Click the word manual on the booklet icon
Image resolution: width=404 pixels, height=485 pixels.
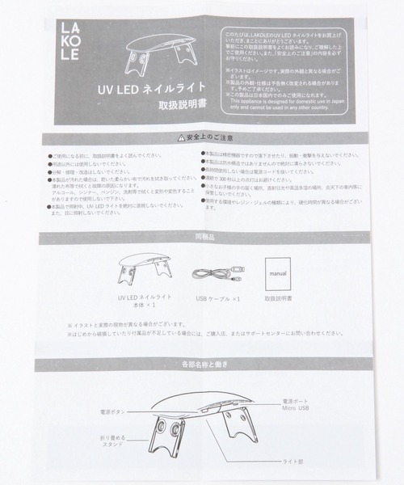(275, 273)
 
